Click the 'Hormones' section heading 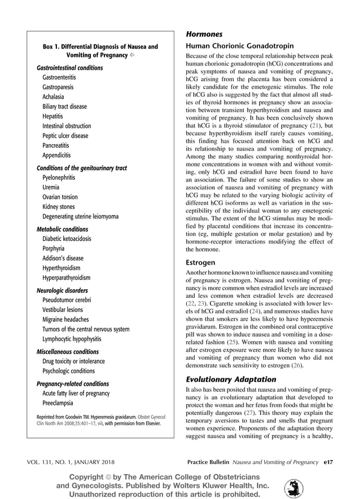click(x=204, y=34)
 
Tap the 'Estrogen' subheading click(x=201, y=262)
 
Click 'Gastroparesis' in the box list click(x=58, y=87)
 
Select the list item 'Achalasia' click(x=53, y=97)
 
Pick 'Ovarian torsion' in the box click(x=60, y=197)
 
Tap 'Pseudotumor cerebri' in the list click(x=67, y=300)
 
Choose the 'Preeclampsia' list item click(x=58, y=403)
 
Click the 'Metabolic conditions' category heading click(x=62, y=229)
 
